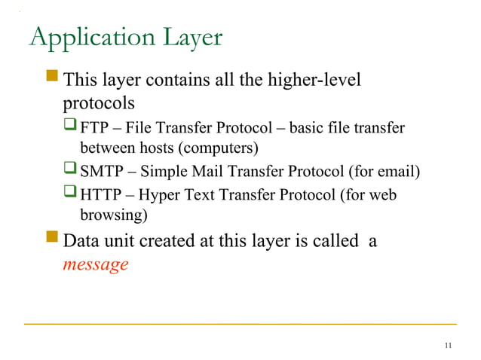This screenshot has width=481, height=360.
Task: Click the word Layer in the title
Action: pyautogui.click(x=188, y=38)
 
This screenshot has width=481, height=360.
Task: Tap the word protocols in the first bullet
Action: pyautogui.click(x=99, y=101)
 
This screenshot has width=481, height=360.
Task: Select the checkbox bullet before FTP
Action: pyautogui.click(x=72, y=126)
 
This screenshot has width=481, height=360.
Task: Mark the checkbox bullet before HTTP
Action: pyautogui.click(x=72, y=196)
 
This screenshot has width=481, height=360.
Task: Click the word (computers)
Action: pyautogui.click(x=219, y=145)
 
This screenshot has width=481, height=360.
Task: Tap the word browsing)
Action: pyautogui.click(x=113, y=216)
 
